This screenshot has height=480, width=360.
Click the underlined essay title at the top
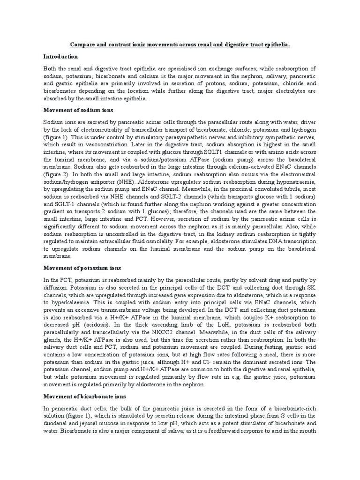tap(180, 45)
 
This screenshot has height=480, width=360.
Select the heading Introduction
tap(61, 56)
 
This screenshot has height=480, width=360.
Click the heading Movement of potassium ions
tap(82, 268)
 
